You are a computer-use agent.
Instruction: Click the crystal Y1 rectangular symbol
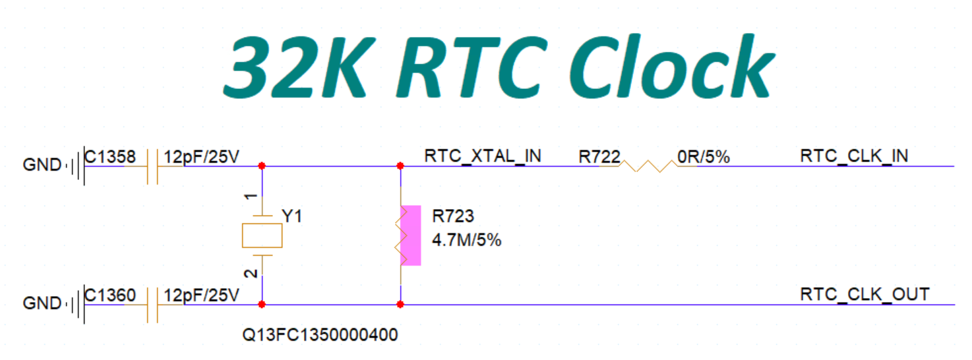pos(262,235)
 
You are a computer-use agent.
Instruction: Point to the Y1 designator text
pos(291,216)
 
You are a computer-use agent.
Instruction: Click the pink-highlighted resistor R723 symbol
pos(402,235)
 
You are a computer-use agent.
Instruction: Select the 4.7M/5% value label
pos(466,241)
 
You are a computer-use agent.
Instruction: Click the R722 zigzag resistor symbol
pos(646,165)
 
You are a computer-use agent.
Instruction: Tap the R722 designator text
pos(599,157)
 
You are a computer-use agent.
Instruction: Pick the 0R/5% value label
pos(704,157)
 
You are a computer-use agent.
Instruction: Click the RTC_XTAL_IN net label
pos(483,156)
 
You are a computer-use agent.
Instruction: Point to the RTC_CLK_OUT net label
pos(865,294)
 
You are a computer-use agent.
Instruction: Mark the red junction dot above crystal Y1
pos(262,165)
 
